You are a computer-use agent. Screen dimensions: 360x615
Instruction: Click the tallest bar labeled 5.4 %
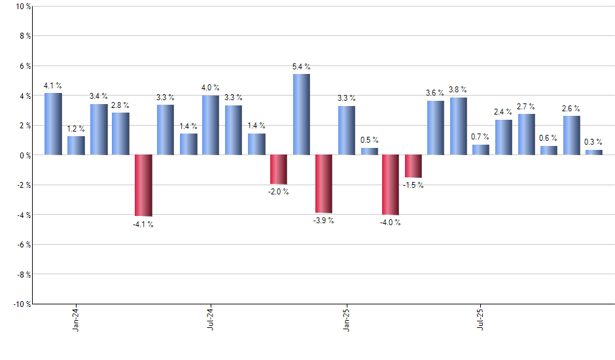click(x=301, y=115)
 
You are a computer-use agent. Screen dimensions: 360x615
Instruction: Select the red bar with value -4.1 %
click(x=143, y=185)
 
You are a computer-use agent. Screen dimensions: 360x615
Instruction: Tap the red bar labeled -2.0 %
click(x=279, y=170)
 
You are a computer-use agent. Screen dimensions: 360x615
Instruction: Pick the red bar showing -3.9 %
click(x=324, y=184)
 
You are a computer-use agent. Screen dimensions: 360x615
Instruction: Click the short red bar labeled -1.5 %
click(x=413, y=166)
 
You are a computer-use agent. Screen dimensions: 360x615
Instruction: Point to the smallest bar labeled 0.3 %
click(x=593, y=153)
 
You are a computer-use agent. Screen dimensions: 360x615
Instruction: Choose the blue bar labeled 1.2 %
click(x=76, y=145)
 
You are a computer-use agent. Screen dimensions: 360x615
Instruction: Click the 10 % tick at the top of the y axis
click(x=22, y=7)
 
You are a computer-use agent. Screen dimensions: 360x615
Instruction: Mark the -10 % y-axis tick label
click(x=21, y=304)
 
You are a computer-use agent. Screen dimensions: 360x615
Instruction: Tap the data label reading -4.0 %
click(x=391, y=223)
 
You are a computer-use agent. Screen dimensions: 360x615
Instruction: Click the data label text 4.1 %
click(x=53, y=85)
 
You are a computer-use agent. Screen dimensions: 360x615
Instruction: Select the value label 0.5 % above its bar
click(x=369, y=140)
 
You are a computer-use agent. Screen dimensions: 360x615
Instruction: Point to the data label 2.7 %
click(x=526, y=106)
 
